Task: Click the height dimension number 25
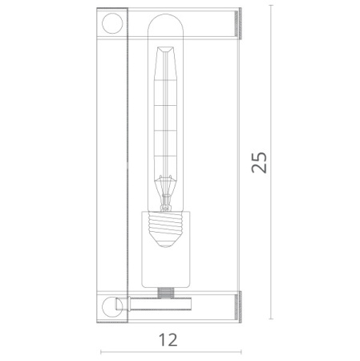click(x=258, y=162)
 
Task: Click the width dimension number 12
click(x=169, y=339)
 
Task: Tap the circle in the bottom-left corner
click(x=111, y=308)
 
